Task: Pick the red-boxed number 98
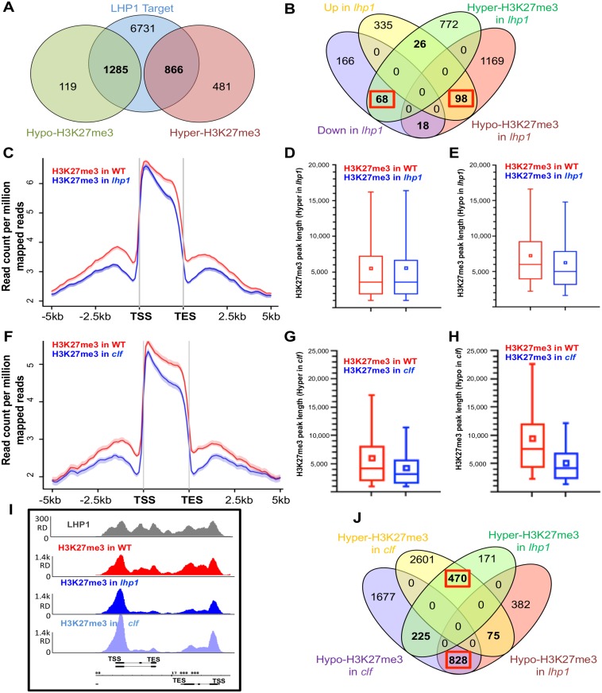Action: (x=463, y=99)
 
